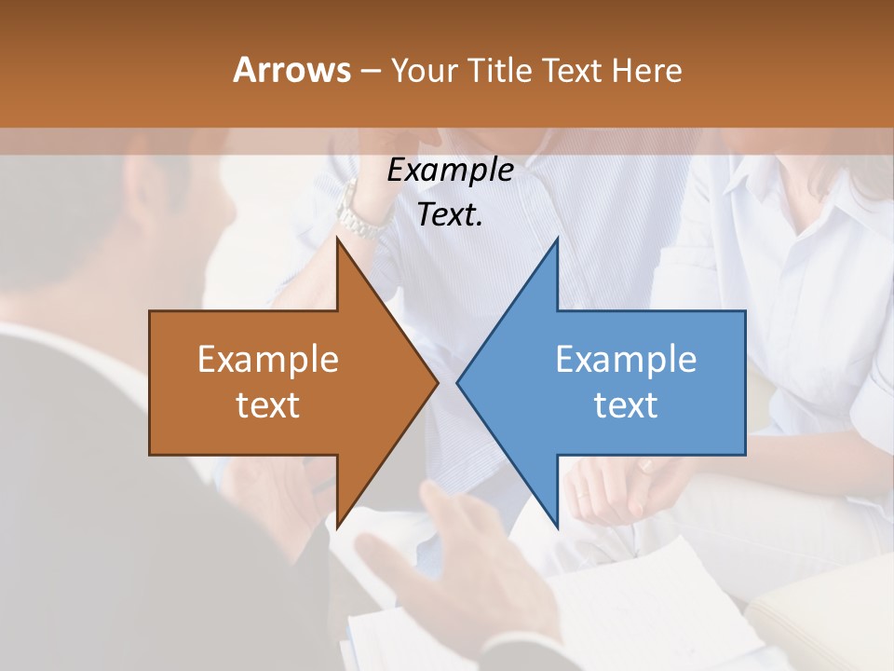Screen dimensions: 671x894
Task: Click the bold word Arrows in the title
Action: [292, 70]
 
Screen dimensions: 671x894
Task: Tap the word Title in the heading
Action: [500, 70]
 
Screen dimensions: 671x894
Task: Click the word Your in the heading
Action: [425, 70]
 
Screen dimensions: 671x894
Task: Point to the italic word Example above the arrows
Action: [450, 170]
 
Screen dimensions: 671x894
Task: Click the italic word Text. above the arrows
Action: [450, 214]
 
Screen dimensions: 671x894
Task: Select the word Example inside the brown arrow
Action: [268, 360]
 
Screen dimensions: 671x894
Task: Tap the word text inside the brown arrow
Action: [268, 404]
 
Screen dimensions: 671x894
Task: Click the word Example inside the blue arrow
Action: [626, 360]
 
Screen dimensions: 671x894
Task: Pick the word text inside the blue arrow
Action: [626, 404]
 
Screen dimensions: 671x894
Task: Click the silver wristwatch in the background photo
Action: [360, 212]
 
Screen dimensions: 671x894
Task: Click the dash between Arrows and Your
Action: [371, 70]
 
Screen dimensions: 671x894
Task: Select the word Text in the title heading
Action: [574, 70]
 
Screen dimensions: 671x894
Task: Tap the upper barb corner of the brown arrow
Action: [338, 241]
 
